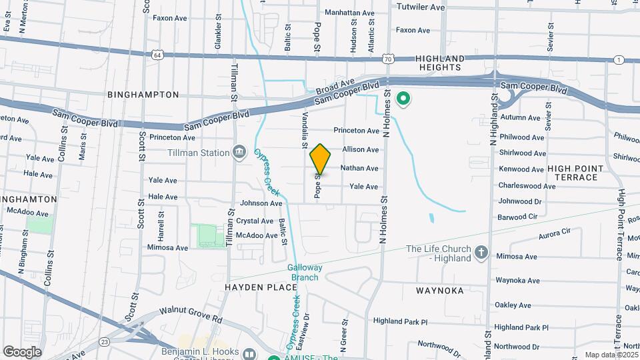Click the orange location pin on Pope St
[x=320, y=159]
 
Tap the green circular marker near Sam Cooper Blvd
[x=403, y=99]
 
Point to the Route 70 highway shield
[x=388, y=59]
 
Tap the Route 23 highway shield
[x=105, y=341]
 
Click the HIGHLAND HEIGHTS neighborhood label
[x=440, y=63]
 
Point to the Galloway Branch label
[x=305, y=272]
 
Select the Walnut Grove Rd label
[x=190, y=315]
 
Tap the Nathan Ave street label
[x=359, y=169]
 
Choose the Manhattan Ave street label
[x=350, y=13]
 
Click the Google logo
[x=22, y=352]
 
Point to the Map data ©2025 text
[x=610, y=355]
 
